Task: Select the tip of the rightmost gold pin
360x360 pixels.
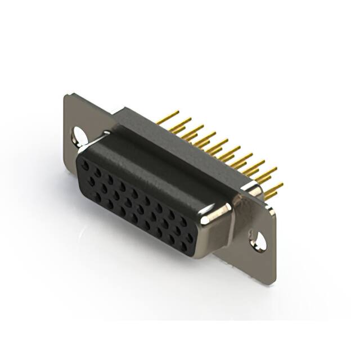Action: point(281,184)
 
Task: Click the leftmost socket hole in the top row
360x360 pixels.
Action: point(85,164)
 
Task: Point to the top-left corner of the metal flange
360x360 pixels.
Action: point(66,94)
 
